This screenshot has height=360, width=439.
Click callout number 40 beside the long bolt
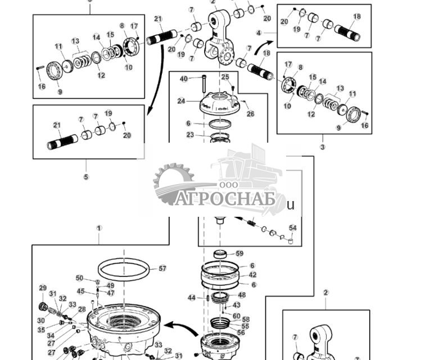tap(184, 79)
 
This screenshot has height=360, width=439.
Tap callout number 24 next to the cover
tap(181, 101)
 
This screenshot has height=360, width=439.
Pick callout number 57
tap(162, 268)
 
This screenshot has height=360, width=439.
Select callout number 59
tap(239, 254)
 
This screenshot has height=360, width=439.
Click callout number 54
tap(293, 228)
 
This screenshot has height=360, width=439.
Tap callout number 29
tap(43, 288)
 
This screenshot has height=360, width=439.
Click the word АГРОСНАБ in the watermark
tap(225, 199)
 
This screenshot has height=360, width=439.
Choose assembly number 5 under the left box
tap(86, 177)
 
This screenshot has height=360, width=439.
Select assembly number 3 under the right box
tap(323, 147)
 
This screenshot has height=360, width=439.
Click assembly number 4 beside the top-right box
tap(259, 33)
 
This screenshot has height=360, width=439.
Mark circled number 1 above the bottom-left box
tap(99, 228)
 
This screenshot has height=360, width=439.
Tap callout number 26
tap(250, 114)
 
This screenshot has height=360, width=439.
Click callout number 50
tap(79, 278)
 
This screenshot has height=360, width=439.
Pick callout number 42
tap(252, 275)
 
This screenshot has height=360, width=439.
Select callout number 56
tap(241, 332)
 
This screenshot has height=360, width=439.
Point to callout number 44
tap(192, 298)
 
